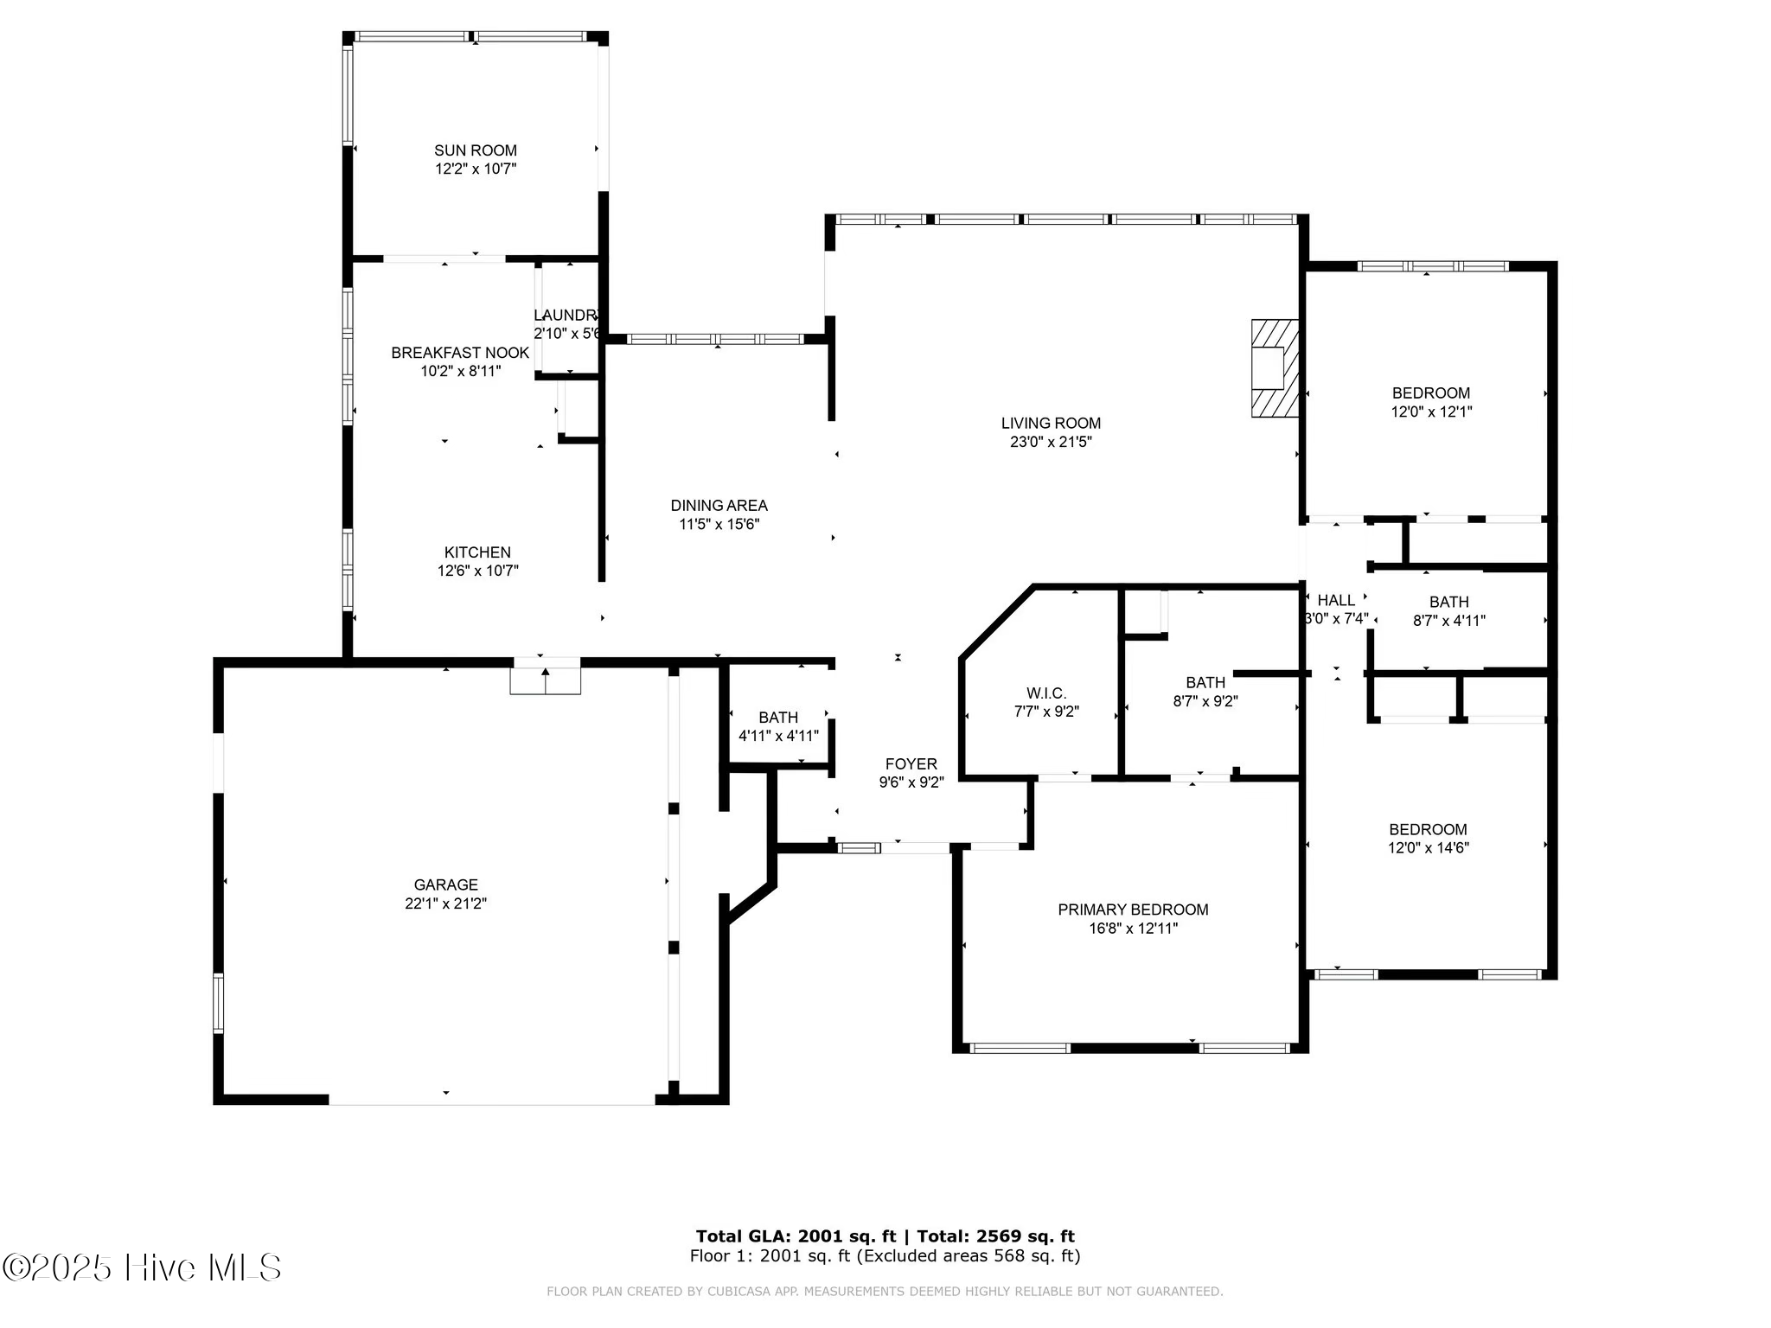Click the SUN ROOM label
476,150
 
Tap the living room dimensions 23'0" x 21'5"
1051,442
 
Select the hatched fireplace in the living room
1275,368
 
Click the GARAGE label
445,884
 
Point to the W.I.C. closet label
1046,693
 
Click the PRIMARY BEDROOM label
1133,910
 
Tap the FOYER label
911,764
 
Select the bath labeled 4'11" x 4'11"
778,726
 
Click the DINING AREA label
719,506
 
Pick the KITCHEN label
477,552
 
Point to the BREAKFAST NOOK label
460,353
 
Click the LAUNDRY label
566,316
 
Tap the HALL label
1336,600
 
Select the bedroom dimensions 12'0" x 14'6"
1429,848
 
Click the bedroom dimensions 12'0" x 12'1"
1431,412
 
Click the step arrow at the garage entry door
545,672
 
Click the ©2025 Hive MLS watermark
142,1268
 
